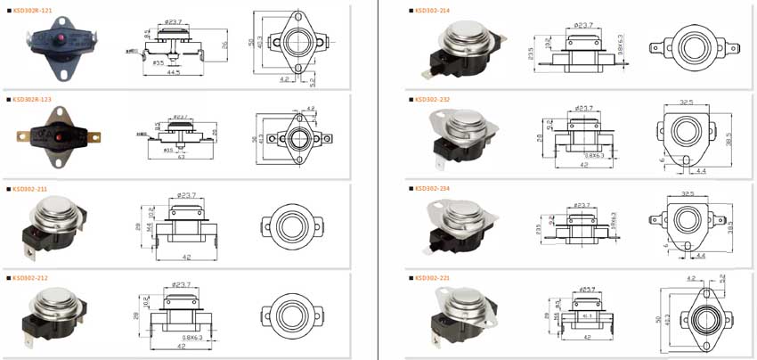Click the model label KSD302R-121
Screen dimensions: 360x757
(32, 11)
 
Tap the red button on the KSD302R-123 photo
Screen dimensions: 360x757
(61, 140)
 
